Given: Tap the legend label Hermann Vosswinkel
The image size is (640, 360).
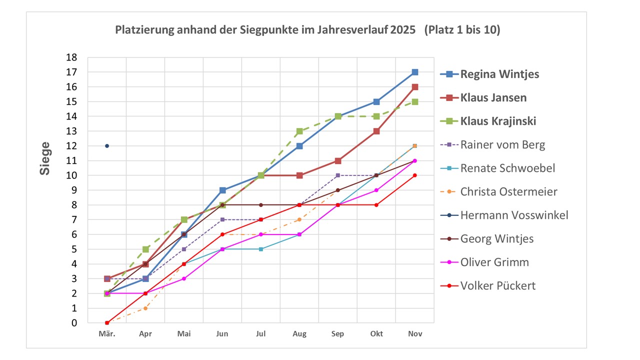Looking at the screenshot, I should tap(514, 215).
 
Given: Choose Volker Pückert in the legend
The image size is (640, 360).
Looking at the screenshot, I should tap(497, 285).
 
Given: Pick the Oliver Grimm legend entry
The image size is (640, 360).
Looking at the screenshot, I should tap(494, 262).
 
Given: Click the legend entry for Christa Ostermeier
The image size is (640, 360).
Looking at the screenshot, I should tap(508, 191).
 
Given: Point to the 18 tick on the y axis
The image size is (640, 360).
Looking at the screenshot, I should tap(72, 57).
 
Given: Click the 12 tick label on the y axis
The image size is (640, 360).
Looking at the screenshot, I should tap(72, 146).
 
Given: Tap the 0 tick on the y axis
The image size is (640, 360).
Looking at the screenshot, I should tap(74, 323).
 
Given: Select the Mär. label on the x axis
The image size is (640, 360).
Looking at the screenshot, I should tap(107, 334).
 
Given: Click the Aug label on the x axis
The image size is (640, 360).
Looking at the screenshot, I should tap(299, 334).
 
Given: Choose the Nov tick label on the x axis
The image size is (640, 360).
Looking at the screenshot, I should tap(415, 334).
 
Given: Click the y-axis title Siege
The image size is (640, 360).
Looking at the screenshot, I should tap(45, 158).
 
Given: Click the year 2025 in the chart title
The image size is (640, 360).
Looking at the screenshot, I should tap(401, 30).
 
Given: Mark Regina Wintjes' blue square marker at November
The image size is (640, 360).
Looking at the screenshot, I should tap(415, 72).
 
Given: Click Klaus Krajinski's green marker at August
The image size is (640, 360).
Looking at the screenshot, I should tap(299, 131).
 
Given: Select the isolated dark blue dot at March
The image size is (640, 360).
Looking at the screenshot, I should tap(107, 146).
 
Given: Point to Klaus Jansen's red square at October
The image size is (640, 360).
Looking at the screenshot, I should tap(376, 131).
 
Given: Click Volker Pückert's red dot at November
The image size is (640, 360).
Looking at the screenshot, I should tap(415, 175).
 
